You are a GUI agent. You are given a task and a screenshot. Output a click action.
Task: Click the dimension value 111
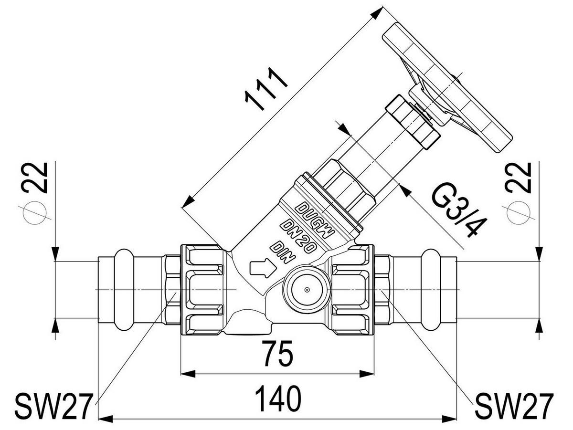(x=266, y=89)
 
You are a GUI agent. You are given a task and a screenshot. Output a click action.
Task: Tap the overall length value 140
(x=278, y=399)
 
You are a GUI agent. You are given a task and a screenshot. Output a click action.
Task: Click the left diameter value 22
(x=35, y=178)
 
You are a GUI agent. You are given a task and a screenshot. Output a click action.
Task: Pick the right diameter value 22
(x=518, y=178)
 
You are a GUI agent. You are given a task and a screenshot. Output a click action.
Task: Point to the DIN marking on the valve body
(x=283, y=253)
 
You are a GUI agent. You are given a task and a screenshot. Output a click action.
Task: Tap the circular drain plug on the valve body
(x=307, y=290)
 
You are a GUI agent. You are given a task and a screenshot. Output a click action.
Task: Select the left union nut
(x=202, y=290)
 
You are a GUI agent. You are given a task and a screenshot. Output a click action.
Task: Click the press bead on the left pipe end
(x=123, y=290)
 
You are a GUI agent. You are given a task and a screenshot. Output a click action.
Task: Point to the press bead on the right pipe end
(x=431, y=290)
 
